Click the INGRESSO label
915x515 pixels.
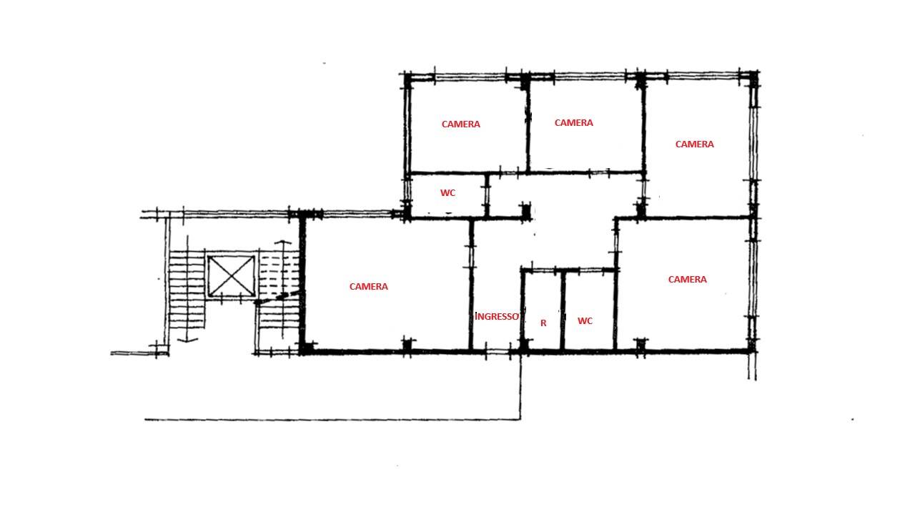point(497,316)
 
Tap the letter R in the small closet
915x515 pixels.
point(543,323)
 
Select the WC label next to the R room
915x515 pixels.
point(585,321)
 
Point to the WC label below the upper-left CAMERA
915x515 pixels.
point(447,193)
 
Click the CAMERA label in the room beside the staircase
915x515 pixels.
point(368,287)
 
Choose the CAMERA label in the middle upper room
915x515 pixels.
point(573,122)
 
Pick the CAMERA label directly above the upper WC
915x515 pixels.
point(461,124)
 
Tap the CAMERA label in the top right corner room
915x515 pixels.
point(694,144)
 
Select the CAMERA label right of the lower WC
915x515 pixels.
point(688,280)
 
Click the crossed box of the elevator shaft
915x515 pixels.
point(231,276)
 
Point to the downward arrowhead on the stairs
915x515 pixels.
point(187,339)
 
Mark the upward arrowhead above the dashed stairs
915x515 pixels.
point(282,242)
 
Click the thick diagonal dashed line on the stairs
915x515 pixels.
point(278,298)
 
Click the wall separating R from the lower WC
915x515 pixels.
point(563,310)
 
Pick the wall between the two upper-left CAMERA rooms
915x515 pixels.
point(528,124)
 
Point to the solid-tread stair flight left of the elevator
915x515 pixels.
point(187,290)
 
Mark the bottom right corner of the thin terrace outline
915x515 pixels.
point(520,419)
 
